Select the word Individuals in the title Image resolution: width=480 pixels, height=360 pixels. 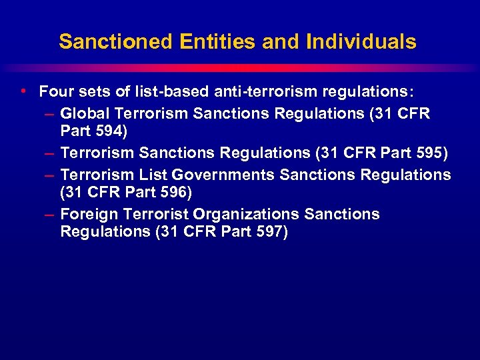[x=361, y=42]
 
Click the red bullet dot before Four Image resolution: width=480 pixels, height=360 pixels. [x=24, y=91]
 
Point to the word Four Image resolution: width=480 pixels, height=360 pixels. [x=55, y=91]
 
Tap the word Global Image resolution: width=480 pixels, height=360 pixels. [x=83, y=113]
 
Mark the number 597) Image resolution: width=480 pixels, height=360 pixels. [x=269, y=232]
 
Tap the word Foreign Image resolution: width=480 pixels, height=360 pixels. [x=86, y=215]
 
